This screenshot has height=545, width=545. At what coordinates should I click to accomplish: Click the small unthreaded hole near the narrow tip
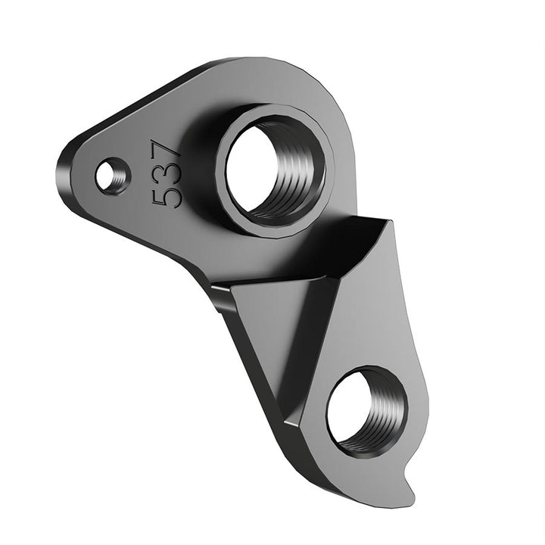pos(112,176)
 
